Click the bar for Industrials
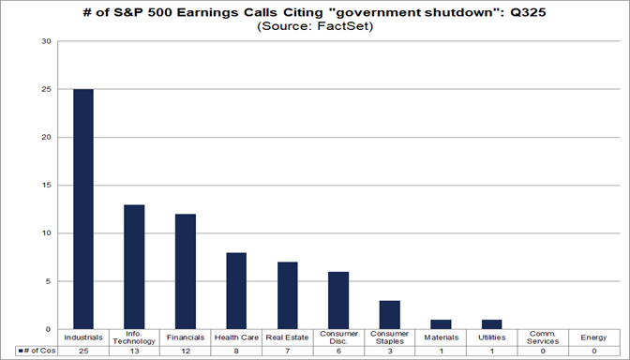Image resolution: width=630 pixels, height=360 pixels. point(84,209)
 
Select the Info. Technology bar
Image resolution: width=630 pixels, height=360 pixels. point(135,267)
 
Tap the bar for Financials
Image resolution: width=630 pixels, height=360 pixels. point(186,272)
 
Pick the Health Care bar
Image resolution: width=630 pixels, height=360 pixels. point(236,291)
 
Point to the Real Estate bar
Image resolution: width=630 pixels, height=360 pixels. point(287,295)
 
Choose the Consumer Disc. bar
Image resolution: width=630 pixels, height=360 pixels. point(337,300)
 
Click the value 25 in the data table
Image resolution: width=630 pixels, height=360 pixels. point(84,351)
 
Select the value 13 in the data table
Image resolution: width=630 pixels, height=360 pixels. point(135,351)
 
